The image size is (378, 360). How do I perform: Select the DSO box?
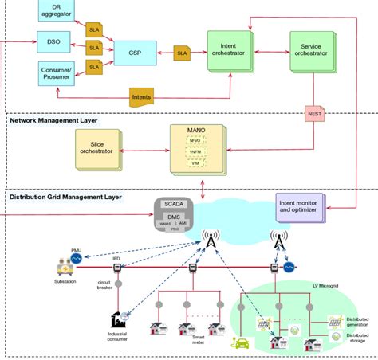(53, 40)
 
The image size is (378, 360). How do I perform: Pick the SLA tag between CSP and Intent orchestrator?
(183, 53)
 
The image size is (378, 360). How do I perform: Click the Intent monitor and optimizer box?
(306, 209)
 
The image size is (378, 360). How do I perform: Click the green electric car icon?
(240, 343)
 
